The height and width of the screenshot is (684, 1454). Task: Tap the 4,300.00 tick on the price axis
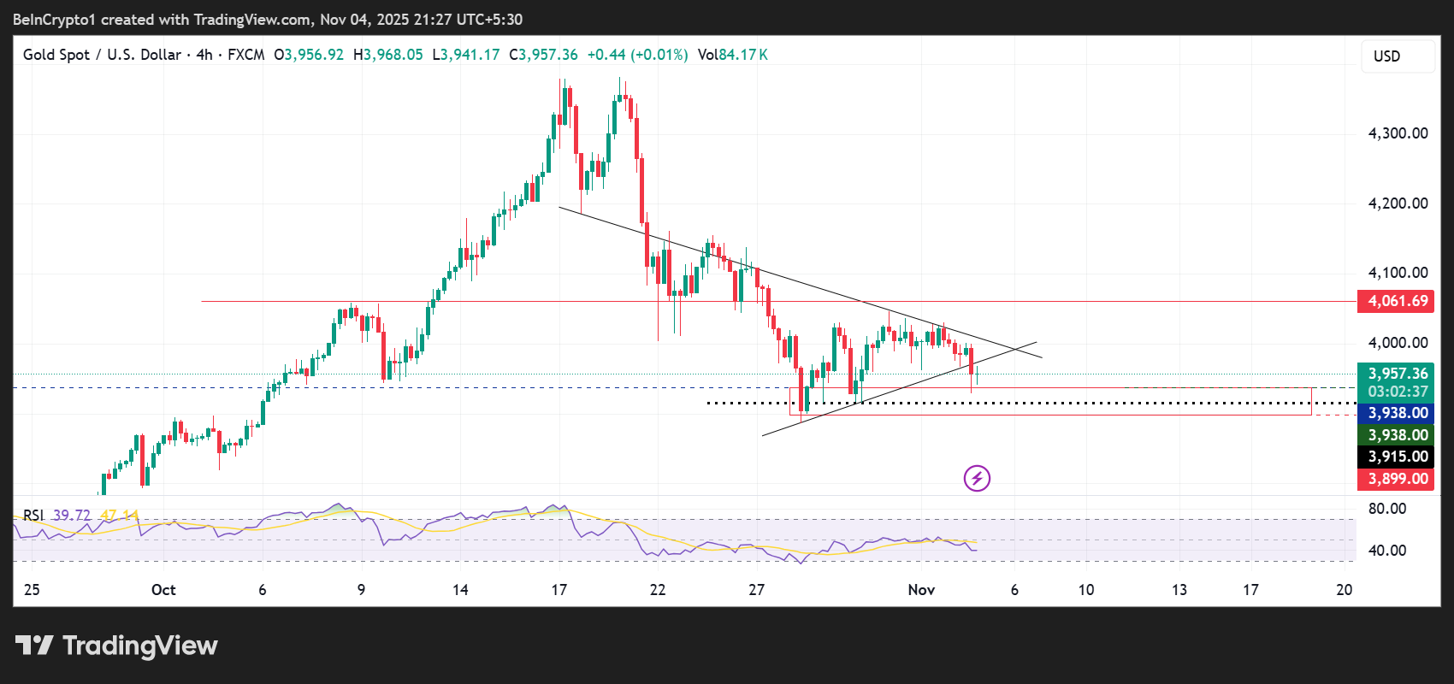[1398, 133]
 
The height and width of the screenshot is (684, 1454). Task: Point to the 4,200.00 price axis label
[1398, 203]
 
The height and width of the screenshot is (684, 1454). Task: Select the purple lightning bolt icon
[977, 478]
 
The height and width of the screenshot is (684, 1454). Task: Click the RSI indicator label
[33, 515]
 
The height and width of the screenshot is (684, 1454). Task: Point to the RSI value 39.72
[72, 515]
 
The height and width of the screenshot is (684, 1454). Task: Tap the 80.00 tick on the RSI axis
[1386, 509]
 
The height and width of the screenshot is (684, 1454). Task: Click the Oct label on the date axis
[163, 590]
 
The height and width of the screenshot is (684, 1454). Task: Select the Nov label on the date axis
[921, 590]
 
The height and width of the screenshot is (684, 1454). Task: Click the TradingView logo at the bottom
[117, 646]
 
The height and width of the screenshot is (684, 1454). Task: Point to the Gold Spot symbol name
[56, 55]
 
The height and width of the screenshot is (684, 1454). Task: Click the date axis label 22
[658, 590]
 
